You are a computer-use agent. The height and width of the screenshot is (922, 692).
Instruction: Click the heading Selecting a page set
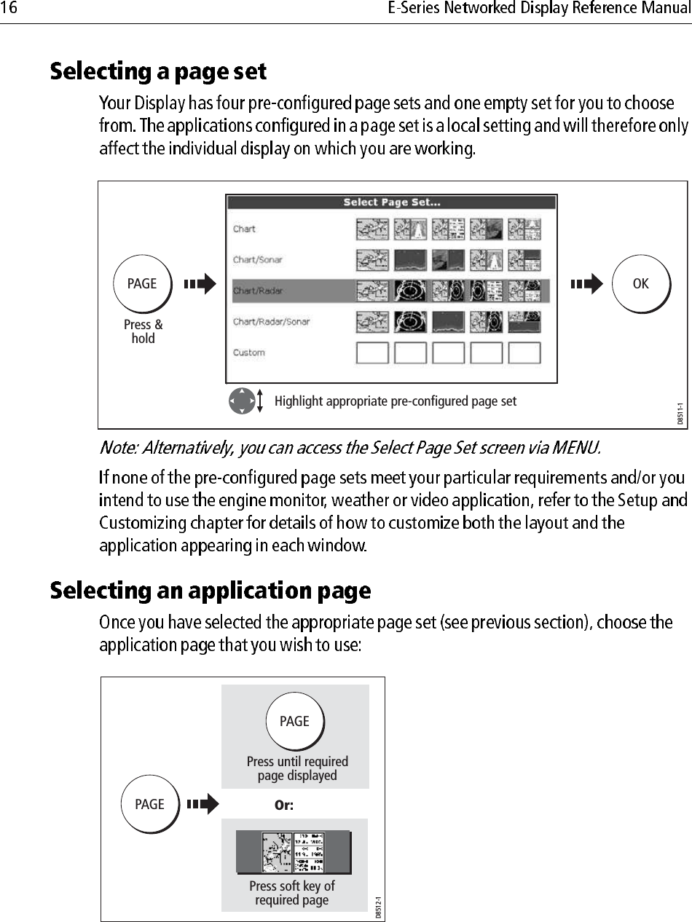(x=158, y=72)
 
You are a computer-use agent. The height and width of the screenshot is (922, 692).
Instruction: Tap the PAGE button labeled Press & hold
(x=142, y=284)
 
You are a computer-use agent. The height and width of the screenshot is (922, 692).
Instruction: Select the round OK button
(x=640, y=284)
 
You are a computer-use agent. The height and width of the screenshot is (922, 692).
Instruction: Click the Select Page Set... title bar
(x=391, y=202)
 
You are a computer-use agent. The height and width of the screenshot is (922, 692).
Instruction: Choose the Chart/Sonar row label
(x=257, y=260)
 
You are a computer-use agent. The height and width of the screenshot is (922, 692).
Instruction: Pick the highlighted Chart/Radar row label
(x=257, y=291)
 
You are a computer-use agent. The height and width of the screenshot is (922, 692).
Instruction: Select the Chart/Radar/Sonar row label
(x=271, y=322)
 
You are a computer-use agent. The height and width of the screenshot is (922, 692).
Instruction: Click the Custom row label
(x=248, y=353)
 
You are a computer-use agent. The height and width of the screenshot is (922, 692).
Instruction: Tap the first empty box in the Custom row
(x=371, y=353)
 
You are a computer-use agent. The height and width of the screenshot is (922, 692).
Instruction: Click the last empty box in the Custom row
(x=524, y=353)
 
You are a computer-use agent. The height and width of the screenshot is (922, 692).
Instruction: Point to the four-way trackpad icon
(x=241, y=401)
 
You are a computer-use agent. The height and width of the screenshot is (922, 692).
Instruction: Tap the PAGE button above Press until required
(x=294, y=722)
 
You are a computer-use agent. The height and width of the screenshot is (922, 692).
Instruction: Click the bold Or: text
(x=283, y=805)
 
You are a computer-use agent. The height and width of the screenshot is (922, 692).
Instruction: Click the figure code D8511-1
(x=680, y=414)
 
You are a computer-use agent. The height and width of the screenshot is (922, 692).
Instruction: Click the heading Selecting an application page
(x=211, y=591)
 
